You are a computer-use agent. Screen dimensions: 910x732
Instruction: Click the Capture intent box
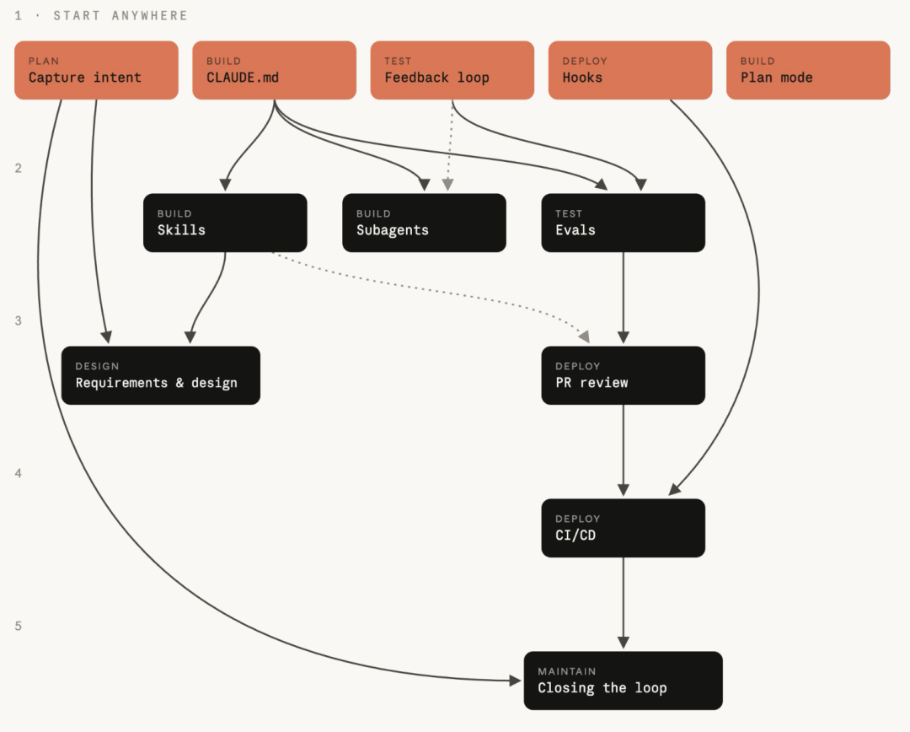point(96,70)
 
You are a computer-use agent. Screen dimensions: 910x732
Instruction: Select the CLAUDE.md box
point(274,70)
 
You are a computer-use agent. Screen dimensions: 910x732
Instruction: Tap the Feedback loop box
point(452,70)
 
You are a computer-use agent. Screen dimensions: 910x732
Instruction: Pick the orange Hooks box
point(630,70)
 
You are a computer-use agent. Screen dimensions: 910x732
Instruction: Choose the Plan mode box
point(808,70)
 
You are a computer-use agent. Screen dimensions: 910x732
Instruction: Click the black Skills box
point(225,223)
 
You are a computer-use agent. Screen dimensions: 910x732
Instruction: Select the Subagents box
point(424,223)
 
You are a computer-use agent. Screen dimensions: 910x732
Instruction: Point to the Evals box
point(624,223)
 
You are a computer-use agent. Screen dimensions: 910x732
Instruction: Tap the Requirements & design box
point(161,375)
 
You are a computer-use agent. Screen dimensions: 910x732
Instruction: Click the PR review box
point(624,375)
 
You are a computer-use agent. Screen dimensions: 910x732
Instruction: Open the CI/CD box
point(624,528)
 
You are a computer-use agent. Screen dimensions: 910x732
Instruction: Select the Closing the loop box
point(624,681)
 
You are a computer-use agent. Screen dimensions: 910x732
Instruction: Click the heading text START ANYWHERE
point(120,16)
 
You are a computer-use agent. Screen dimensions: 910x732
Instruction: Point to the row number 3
point(18,320)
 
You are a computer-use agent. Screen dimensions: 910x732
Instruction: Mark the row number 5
point(18,626)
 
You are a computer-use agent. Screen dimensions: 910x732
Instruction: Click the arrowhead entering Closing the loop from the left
point(516,681)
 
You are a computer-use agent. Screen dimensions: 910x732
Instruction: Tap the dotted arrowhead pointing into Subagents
point(447,185)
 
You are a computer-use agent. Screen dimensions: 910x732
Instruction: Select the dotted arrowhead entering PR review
point(585,336)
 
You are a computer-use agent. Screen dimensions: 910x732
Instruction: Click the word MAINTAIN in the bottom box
point(567,671)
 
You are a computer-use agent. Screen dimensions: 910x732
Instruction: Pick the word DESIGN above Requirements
point(97,366)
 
